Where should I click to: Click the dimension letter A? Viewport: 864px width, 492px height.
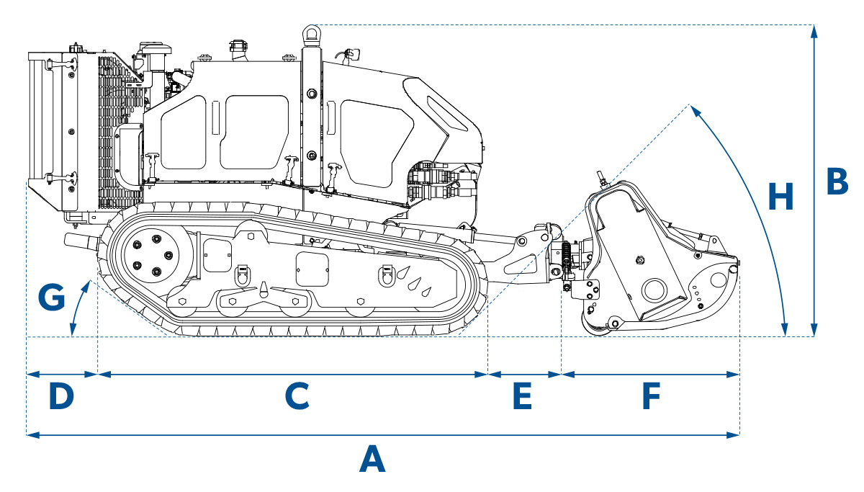(372, 459)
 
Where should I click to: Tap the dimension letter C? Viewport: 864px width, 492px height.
(296, 396)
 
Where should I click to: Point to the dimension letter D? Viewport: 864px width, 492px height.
(61, 396)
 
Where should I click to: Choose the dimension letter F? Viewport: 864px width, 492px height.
(651, 396)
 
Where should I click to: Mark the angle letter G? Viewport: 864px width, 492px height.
(50, 296)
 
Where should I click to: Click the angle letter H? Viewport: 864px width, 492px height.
(780, 197)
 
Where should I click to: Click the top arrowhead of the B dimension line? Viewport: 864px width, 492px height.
(814, 30)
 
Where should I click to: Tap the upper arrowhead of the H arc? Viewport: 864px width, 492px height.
(693, 109)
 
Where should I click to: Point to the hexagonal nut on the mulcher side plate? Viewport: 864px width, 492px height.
(641, 260)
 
